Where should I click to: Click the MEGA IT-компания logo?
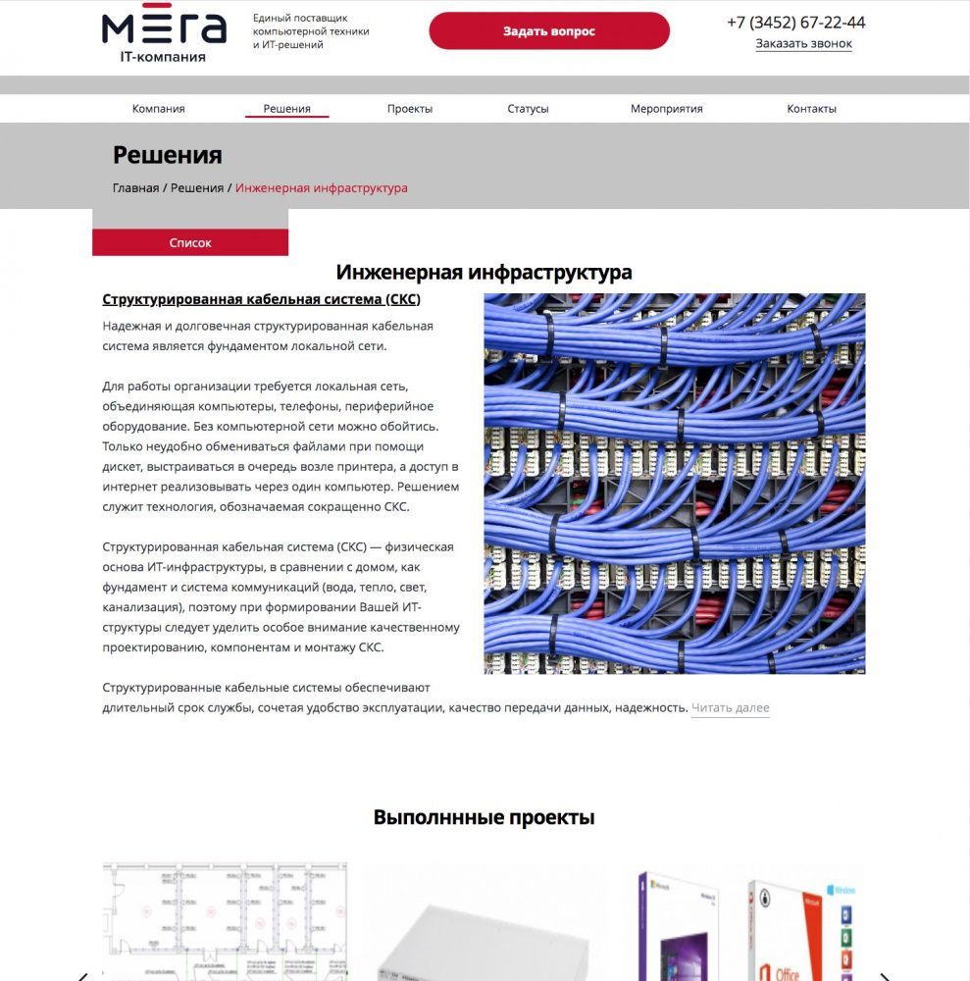coord(163,36)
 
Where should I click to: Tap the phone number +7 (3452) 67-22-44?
coord(795,23)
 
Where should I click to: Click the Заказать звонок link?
coord(803,44)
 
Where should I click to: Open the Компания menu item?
coord(159,109)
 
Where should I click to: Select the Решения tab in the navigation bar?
coord(286,109)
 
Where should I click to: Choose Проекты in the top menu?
coord(410,109)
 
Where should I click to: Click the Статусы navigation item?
coord(528,109)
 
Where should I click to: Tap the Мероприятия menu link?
coord(666,109)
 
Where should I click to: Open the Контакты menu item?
coord(811,109)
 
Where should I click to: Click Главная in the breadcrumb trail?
coord(135,188)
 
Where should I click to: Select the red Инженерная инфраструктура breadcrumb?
coord(321,188)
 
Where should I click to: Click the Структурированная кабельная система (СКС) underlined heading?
coord(261,300)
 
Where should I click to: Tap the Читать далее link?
coord(730,708)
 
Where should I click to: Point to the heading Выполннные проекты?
coord(484,817)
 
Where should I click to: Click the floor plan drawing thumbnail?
coord(225,922)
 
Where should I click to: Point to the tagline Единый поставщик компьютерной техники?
coord(311,31)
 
